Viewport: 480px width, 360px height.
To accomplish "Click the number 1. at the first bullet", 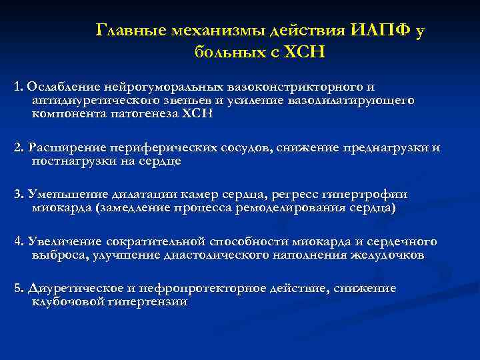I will pos(18,87).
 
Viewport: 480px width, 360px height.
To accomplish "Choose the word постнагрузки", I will pos(75,161).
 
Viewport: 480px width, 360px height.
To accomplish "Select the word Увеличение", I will pos(62,241).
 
